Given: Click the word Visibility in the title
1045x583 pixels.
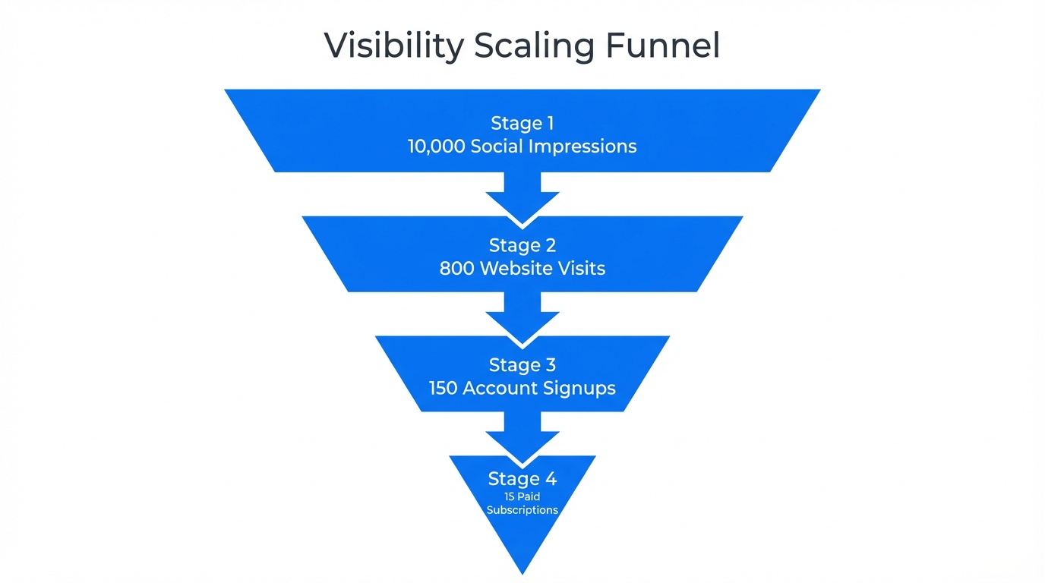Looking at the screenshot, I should (x=393, y=46).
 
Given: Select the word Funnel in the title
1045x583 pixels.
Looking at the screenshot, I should (x=662, y=46).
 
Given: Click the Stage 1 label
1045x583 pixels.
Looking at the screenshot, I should (x=522, y=123).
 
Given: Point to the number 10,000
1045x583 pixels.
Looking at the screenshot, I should (x=436, y=147).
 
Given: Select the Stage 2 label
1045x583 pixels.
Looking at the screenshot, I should (x=522, y=245).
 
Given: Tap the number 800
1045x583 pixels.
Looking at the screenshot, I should (x=457, y=268).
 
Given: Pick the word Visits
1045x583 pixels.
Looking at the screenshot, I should (x=582, y=268).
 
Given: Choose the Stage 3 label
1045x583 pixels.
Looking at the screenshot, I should (x=522, y=365).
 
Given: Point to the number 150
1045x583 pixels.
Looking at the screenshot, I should (x=443, y=388).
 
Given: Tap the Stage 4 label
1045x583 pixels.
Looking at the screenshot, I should (x=522, y=479).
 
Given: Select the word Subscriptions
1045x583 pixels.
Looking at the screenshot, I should (x=522, y=510).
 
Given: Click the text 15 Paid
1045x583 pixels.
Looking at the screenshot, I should (x=522, y=496).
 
